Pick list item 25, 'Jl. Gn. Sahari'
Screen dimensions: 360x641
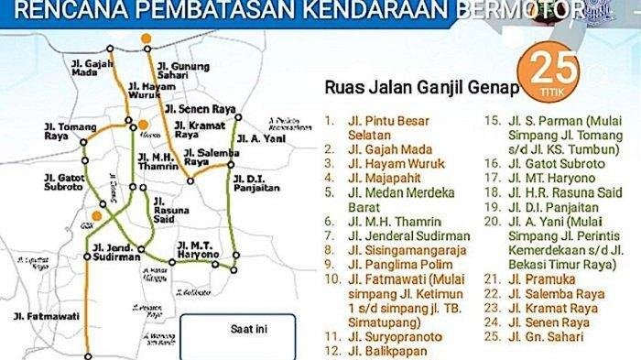click(x=550, y=338)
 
